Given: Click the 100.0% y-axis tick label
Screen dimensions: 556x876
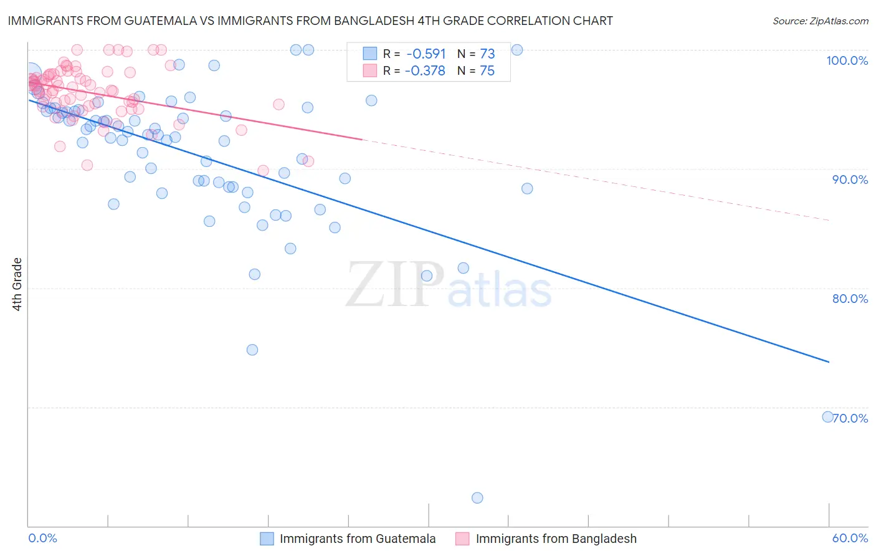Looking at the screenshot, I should (847, 60).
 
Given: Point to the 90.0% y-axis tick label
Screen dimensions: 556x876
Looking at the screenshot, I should (850, 180).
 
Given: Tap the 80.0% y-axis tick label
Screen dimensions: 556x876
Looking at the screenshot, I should (850, 299).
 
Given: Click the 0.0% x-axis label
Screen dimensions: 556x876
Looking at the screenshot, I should (42, 538).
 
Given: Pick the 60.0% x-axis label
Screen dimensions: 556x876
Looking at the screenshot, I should (850, 538).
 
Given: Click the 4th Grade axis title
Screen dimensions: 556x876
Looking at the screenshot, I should (17, 284).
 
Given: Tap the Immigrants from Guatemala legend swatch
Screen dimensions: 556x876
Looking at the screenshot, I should (267, 539).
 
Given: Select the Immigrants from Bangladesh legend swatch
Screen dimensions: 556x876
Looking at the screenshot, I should (462, 539).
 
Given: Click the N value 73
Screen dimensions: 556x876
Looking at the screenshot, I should (487, 54).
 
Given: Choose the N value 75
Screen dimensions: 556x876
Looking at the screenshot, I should (487, 71).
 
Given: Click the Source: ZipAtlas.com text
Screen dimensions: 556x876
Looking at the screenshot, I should (820, 21).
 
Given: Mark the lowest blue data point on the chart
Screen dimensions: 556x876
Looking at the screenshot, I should (477, 497).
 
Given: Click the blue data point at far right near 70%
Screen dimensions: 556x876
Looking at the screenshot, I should (827, 417).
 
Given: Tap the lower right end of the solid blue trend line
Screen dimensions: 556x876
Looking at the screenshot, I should (829, 362).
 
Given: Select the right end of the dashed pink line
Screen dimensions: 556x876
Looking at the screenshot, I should (829, 220).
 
